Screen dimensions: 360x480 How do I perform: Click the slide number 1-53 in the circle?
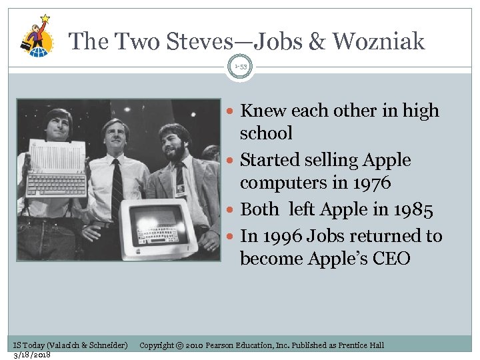tap(240, 67)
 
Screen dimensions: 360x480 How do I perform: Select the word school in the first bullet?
tap(266, 134)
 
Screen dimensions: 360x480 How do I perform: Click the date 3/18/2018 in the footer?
tap(33, 354)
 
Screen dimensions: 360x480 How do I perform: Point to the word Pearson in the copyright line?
tap(224, 345)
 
